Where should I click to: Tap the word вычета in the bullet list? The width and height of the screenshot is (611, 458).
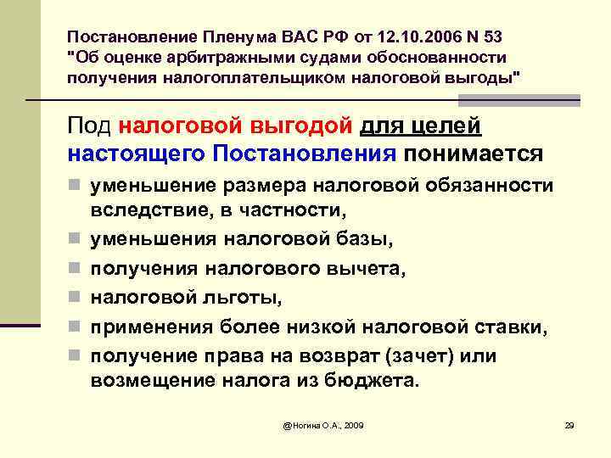[x=370, y=270]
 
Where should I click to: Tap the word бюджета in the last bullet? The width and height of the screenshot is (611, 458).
[x=375, y=380]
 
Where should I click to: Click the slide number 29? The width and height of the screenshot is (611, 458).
[x=569, y=423]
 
